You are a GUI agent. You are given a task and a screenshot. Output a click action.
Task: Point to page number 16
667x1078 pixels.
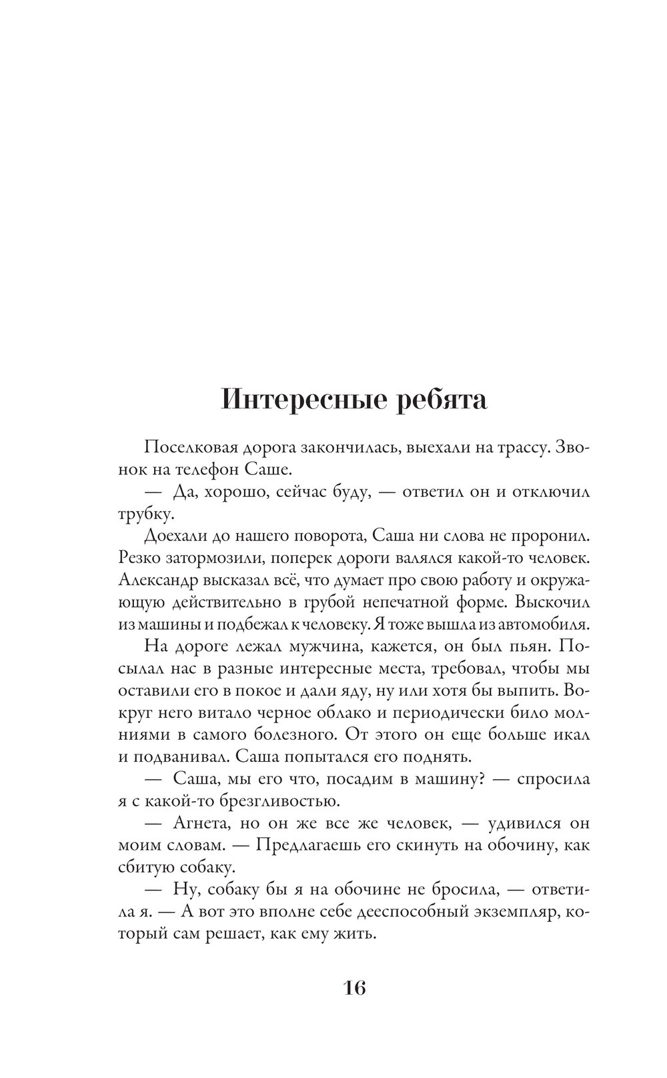pos(355,987)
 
